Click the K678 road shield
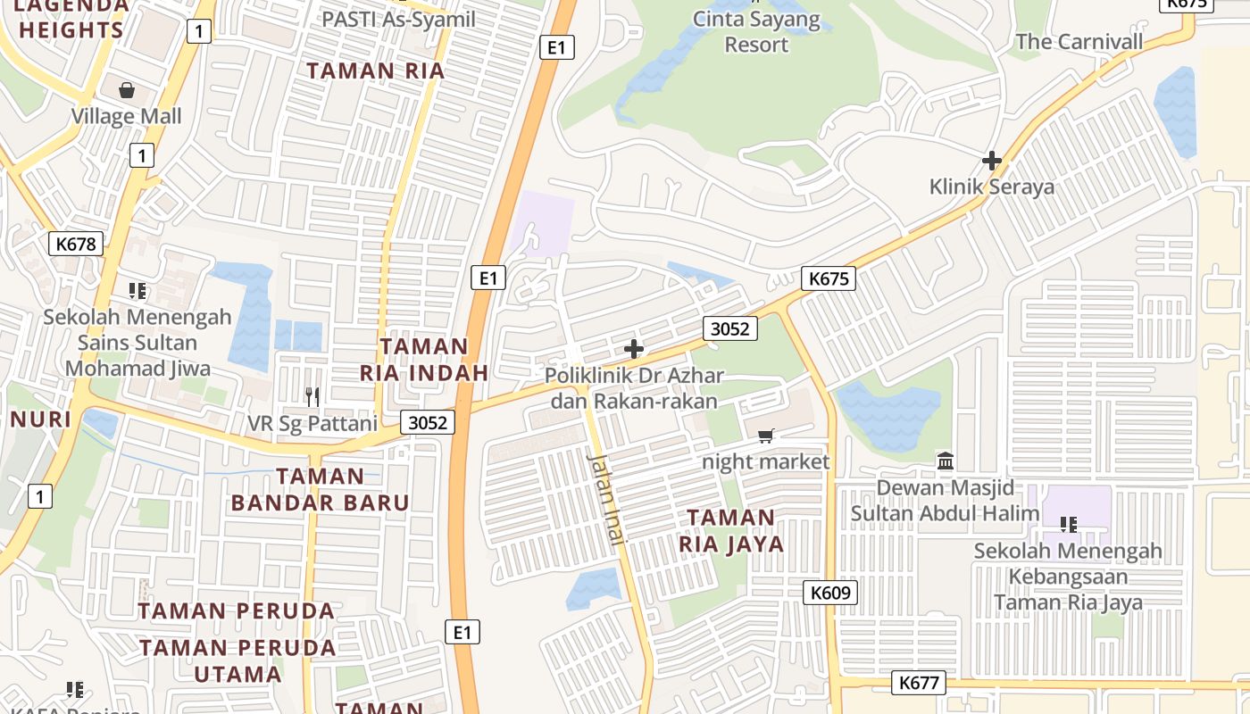[76, 244]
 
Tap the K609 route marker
[829, 593]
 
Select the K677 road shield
[919, 684]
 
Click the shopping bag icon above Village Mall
[127, 90]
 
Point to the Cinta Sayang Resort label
[756, 32]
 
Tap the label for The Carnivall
[1079, 42]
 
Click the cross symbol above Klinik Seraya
[991, 161]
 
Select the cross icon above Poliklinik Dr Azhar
[634, 349]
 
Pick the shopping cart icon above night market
[765, 436]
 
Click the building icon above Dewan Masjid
[946, 461]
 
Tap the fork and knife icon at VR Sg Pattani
[312, 396]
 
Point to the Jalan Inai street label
[607, 498]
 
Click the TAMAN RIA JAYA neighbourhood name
[731, 531]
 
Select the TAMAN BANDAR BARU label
[320, 489]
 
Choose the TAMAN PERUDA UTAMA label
[237, 660]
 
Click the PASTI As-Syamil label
[398, 19]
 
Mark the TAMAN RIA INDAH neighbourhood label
[424, 360]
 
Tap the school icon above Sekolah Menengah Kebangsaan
[1068, 524]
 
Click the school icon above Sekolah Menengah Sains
[137, 290]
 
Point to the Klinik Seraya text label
[991, 187]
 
